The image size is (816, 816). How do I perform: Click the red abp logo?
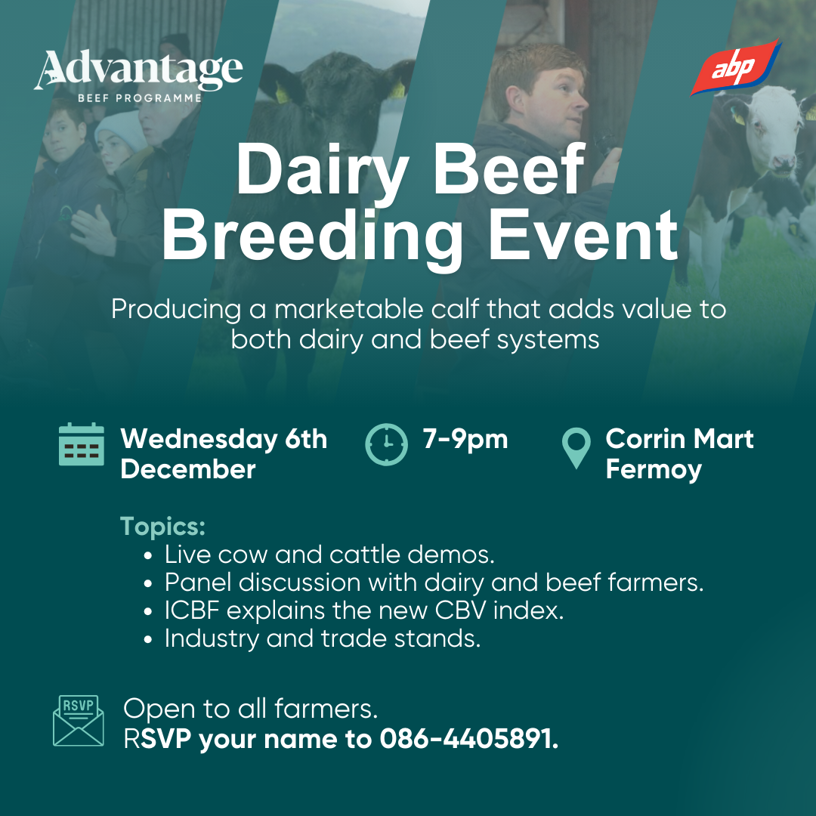[735, 67]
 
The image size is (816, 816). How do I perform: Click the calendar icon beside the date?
[81, 444]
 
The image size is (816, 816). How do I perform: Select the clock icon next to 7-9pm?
[386, 444]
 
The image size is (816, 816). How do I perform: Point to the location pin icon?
[576, 447]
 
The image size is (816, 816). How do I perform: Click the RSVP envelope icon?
[79, 721]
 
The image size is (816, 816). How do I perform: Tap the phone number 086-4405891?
[469, 739]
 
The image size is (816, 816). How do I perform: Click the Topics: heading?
[163, 526]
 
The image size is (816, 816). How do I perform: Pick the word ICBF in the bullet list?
[191, 610]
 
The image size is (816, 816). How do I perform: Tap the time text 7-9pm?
[465, 439]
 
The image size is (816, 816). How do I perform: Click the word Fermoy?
[654, 470]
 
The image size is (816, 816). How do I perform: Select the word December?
[188, 469]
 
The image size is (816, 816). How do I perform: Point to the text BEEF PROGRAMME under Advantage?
[140, 97]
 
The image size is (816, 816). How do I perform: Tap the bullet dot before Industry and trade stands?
[149, 639]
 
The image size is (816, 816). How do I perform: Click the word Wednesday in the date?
[199, 439]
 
